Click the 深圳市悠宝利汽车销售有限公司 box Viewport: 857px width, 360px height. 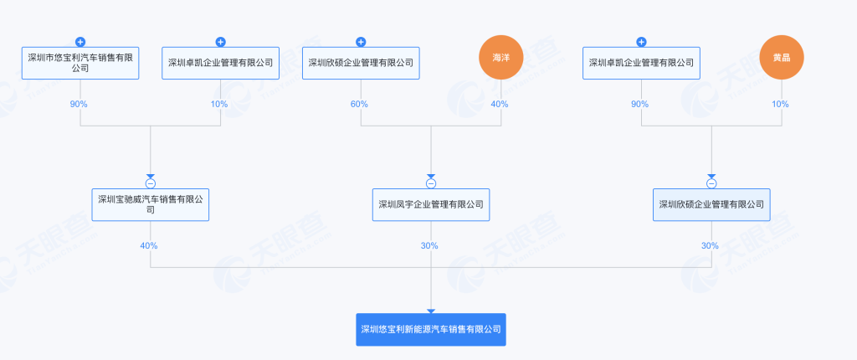click(x=80, y=63)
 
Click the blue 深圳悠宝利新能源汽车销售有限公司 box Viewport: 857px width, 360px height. click(x=431, y=329)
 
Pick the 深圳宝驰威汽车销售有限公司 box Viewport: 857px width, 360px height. click(x=151, y=204)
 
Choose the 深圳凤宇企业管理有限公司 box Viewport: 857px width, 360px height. click(x=431, y=204)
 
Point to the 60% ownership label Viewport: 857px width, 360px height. click(x=360, y=104)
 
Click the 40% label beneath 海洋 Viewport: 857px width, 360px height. click(x=500, y=104)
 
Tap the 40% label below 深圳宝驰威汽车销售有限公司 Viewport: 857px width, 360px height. click(x=149, y=245)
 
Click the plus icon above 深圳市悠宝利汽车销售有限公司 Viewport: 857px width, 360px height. click(x=80, y=42)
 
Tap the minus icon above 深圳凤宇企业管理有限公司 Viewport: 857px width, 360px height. click(x=431, y=183)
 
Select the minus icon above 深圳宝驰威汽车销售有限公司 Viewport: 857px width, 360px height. click(x=151, y=183)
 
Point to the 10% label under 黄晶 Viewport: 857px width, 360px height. click(x=781, y=104)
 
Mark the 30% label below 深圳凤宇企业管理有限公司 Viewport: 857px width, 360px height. click(x=429, y=245)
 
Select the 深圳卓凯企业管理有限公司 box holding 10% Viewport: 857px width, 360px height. click(x=221, y=63)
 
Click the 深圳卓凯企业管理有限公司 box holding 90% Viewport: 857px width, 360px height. click(x=641, y=63)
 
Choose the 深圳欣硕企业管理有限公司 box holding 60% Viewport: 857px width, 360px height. click(x=361, y=63)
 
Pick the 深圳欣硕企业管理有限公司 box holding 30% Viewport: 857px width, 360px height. click(x=711, y=204)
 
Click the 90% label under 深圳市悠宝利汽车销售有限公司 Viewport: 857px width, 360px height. click(x=80, y=104)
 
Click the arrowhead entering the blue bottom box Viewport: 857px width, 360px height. click(x=431, y=310)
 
